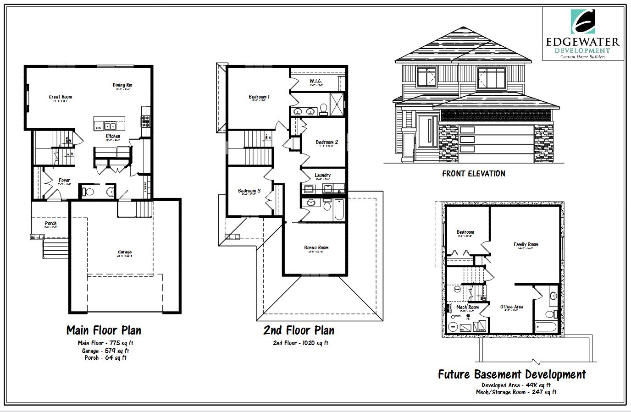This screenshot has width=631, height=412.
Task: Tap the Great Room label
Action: (x=61, y=97)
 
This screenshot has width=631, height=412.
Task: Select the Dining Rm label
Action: (x=122, y=85)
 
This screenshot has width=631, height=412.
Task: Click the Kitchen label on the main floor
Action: (x=113, y=136)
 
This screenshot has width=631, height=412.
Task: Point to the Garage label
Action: (x=125, y=252)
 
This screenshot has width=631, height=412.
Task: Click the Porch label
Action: (x=51, y=224)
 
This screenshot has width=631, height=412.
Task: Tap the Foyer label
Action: (x=65, y=180)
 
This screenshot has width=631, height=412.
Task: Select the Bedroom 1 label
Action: (x=259, y=97)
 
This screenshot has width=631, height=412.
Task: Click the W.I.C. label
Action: (x=316, y=81)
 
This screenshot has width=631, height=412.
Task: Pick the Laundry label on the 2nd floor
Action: (x=323, y=175)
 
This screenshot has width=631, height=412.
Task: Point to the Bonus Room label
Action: (x=316, y=247)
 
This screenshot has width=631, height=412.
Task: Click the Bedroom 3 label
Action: (x=249, y=191)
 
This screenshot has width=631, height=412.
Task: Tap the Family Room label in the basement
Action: (x=526, y=244)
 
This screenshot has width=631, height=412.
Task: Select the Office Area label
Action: (x=512, y=307)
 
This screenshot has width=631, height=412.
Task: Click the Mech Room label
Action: (x=467, y=307)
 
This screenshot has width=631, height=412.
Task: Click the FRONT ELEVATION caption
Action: (x=474, y=174)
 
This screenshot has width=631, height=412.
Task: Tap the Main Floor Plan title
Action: (x=104, y=330)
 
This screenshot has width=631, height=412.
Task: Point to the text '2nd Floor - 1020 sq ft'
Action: (x=300, y=343)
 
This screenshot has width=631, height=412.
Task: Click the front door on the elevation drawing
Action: (x=428, y=130)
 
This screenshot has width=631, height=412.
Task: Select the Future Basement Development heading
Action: (x=512, y=374)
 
